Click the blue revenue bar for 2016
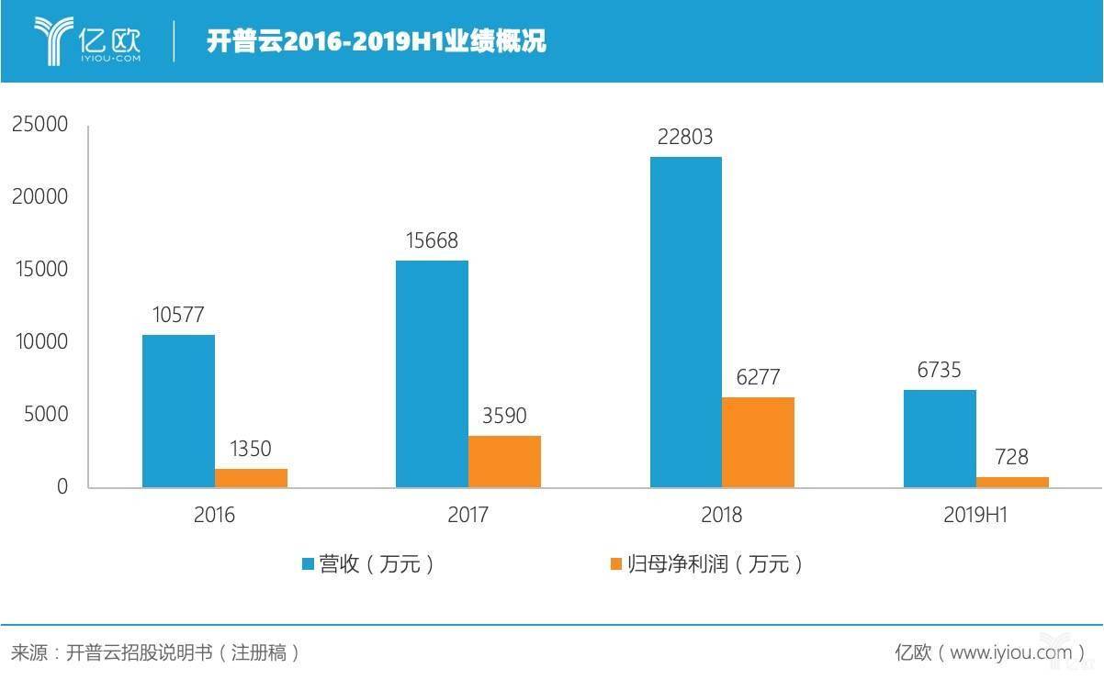[x=178, y=411]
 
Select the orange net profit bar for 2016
[x=251, y=478]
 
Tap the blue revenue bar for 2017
[x=432, y=373]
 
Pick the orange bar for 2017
[x=504, y=462]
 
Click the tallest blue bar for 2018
[x=685, y=322]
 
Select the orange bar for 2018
[x=758, y=442]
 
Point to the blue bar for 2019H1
[x=940, y=439]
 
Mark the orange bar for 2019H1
[x=1012, y=482]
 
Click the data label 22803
[x=684, y=138]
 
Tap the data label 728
[x=1010, y=457]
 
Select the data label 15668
[x=431, y=240]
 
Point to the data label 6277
[x=758, y=377]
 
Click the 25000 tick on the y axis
[x=40, y=125]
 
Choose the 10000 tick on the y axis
[x=40, y=342]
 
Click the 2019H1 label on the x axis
[x=975, y=516]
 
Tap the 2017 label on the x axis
[x=468, y=516]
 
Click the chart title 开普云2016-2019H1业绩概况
[x=376, y=41]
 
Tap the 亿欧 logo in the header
[x=88, y=39]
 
